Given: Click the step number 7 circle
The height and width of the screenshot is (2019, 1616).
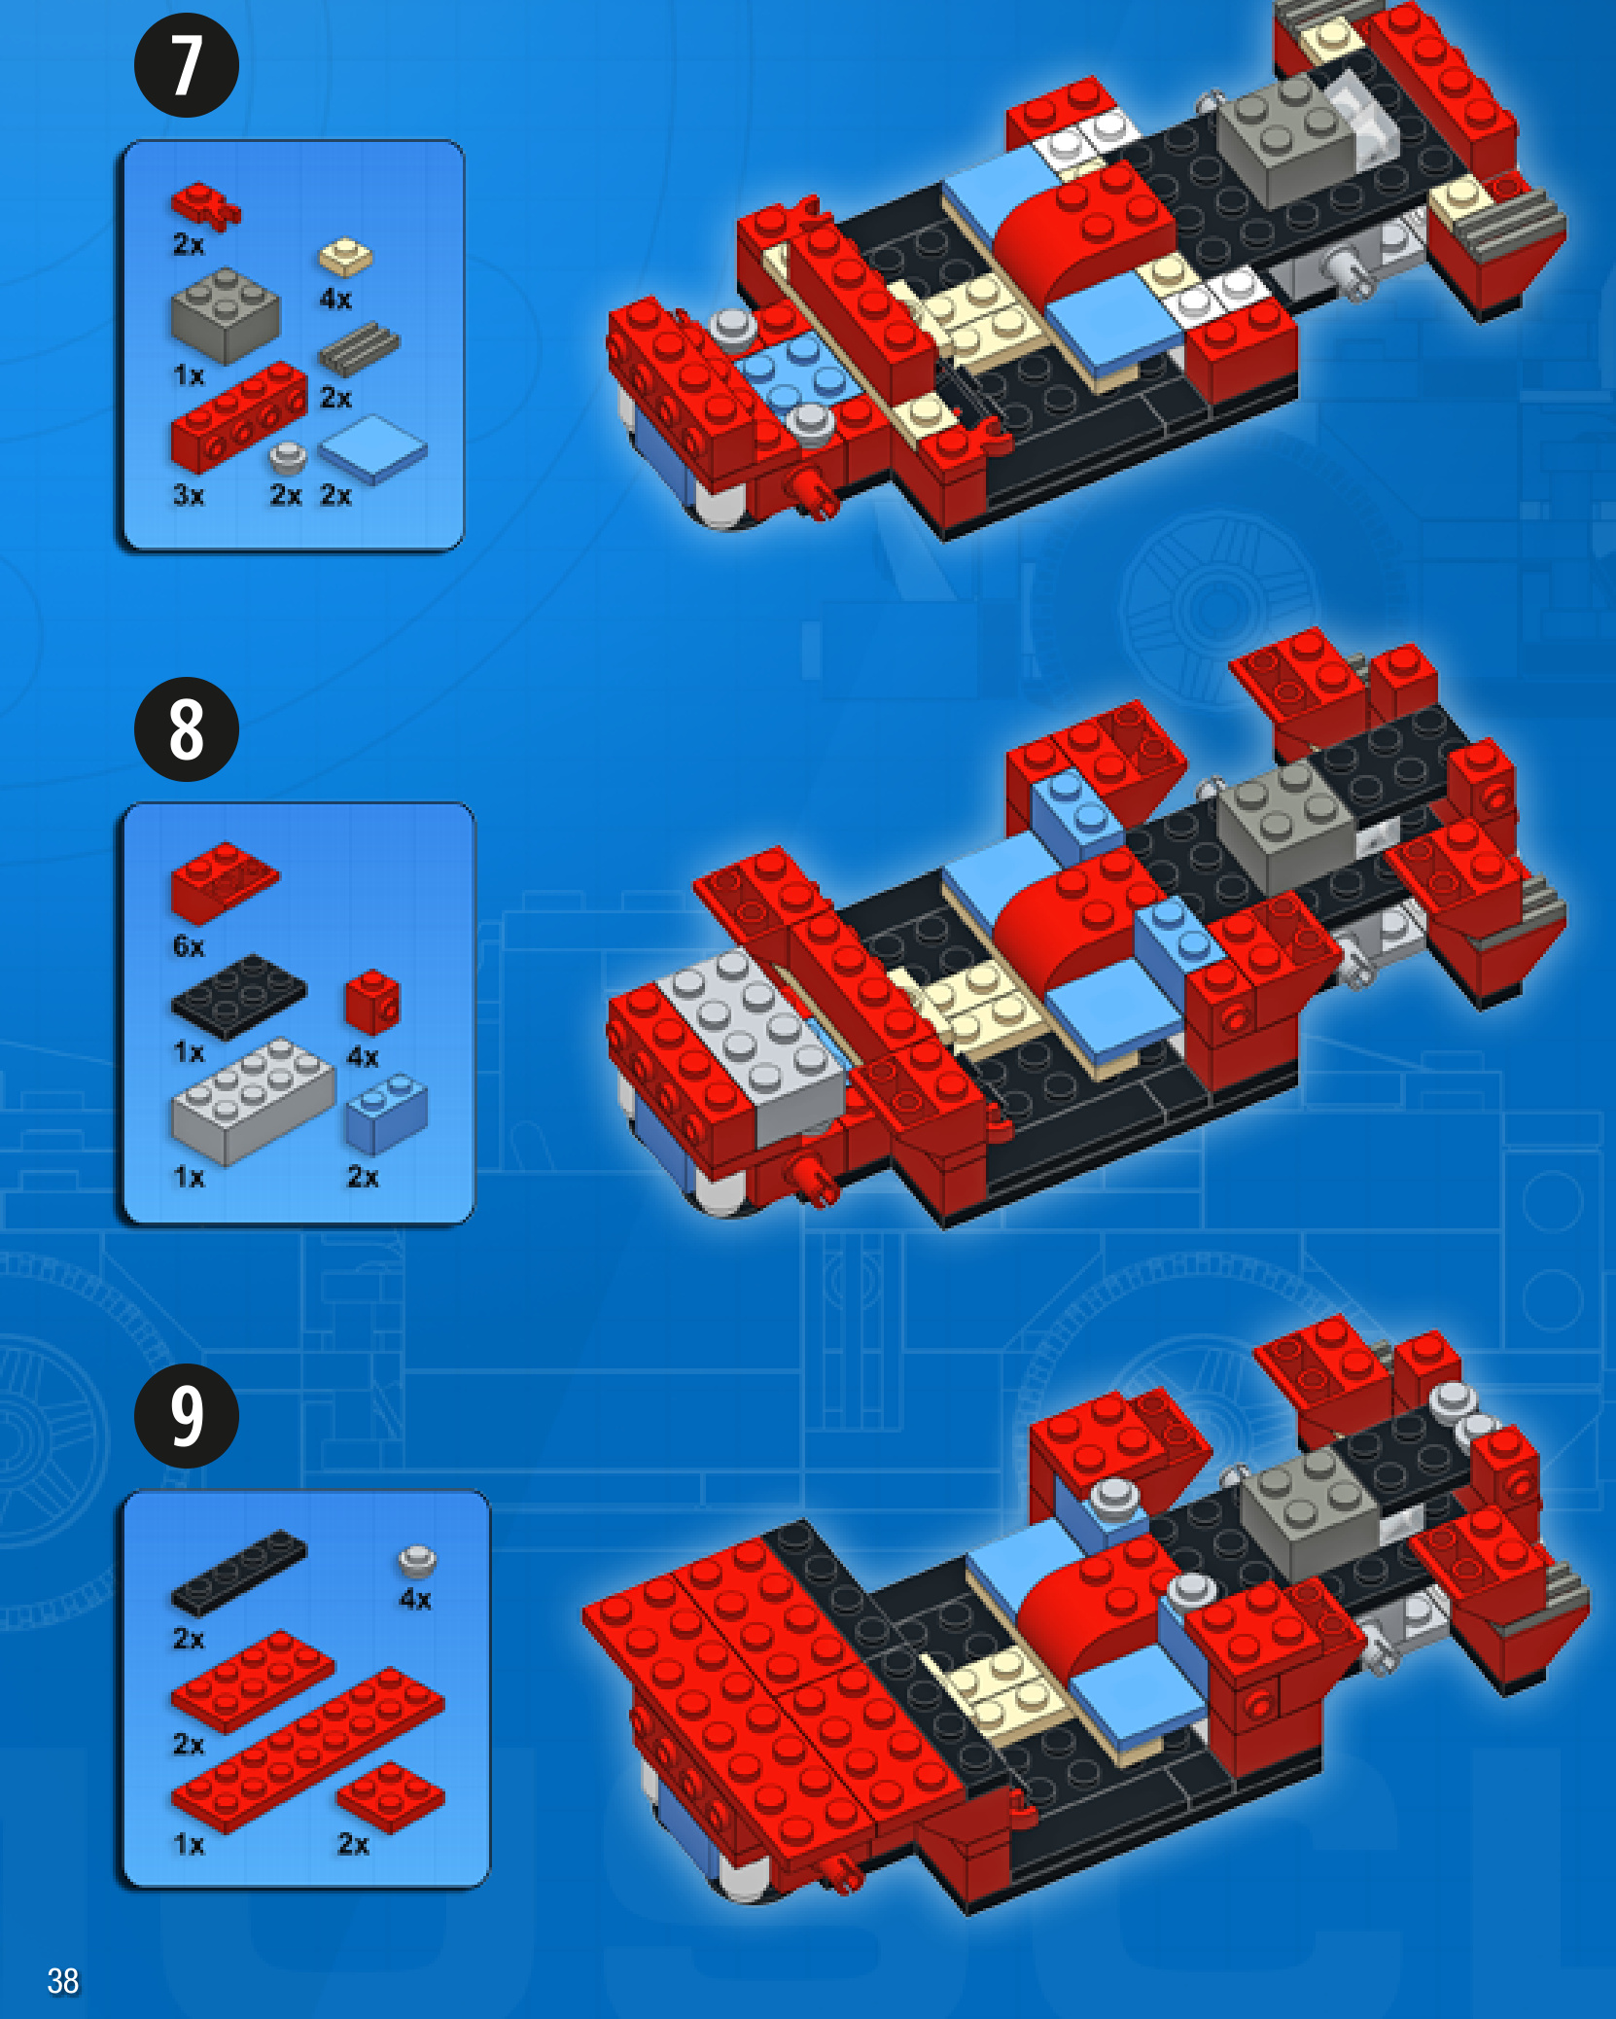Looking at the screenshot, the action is [186, 65].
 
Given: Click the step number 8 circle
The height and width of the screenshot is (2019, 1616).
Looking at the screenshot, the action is [186, 729].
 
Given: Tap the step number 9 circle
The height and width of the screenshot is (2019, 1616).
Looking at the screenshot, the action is [186, 1415].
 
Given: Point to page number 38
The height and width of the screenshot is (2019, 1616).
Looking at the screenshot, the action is [63, 1980].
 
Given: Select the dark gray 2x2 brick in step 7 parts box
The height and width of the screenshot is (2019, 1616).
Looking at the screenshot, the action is [225, 315].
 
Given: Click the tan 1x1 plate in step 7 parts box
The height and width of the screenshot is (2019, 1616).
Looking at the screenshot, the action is [345, 257].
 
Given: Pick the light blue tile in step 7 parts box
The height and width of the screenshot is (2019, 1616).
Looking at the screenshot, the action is [373, 448].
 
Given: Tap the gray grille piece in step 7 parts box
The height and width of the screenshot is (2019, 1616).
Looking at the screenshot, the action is [359, 349].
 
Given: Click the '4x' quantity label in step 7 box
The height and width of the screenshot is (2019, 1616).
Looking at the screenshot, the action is [335, 300].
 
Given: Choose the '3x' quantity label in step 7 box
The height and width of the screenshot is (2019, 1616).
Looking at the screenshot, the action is [189, 496].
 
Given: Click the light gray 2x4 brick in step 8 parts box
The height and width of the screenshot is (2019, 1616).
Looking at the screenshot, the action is [253, 1100].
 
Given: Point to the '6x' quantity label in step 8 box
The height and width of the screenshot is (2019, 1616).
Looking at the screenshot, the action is [189, 947].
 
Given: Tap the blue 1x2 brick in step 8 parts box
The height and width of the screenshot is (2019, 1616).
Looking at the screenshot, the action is [386, 1114].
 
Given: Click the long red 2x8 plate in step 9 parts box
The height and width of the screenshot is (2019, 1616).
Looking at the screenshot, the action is [308, 1750].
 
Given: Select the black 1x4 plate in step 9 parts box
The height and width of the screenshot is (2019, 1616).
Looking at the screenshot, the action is [239, 1573].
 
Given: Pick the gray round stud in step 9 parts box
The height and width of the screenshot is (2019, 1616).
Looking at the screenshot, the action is [417, 1561].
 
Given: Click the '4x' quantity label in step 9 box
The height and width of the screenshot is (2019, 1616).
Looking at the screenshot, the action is [415, 1599].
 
